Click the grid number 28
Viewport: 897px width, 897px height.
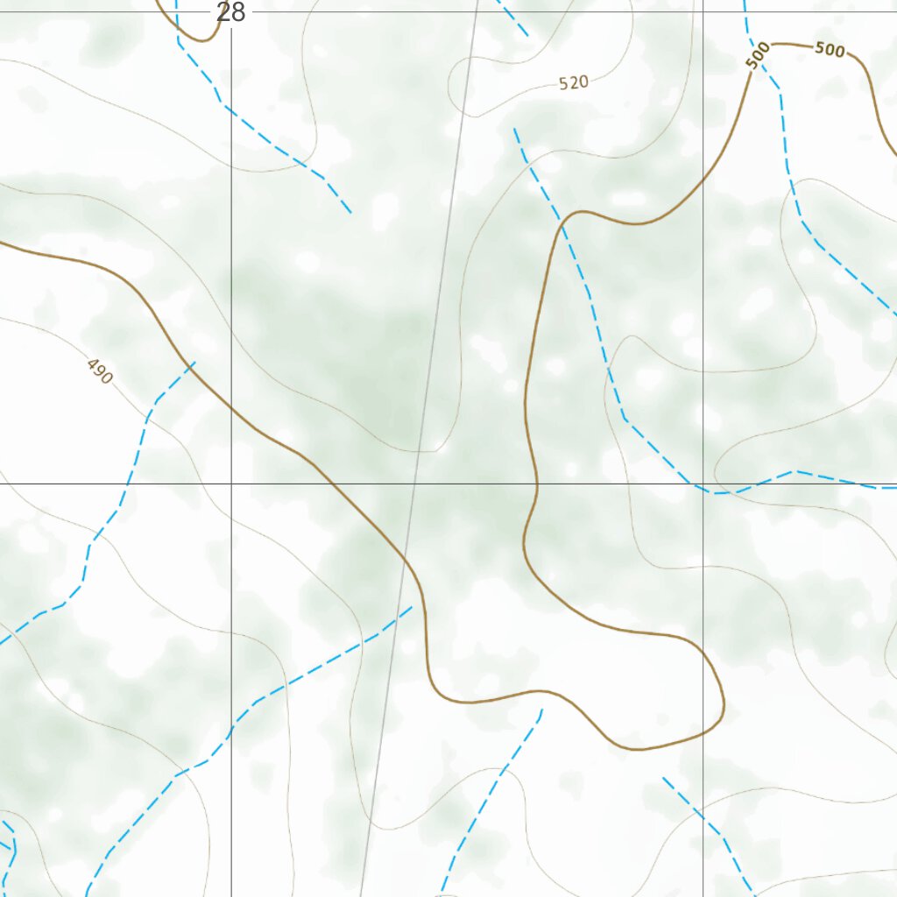(231, 12)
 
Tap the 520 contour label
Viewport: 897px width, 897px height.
(574, 83)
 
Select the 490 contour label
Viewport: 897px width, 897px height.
(100, 372)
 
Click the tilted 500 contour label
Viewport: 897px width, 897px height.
(758, 54)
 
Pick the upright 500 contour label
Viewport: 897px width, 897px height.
(830, 50)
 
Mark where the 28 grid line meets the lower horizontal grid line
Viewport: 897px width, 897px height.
(231, 483)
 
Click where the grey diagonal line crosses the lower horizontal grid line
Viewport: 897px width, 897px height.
(416, 483)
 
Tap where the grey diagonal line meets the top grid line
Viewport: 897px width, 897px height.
(477, 11)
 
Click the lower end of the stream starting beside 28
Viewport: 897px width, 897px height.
(350, 213)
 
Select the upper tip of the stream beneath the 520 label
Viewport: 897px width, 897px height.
(514, 129)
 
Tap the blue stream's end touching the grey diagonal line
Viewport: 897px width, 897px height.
(412, 606)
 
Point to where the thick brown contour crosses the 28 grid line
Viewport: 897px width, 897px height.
(231, 406)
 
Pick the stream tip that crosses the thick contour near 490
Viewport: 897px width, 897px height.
(194, 362)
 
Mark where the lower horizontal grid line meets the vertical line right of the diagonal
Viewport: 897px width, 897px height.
(703, 483)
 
